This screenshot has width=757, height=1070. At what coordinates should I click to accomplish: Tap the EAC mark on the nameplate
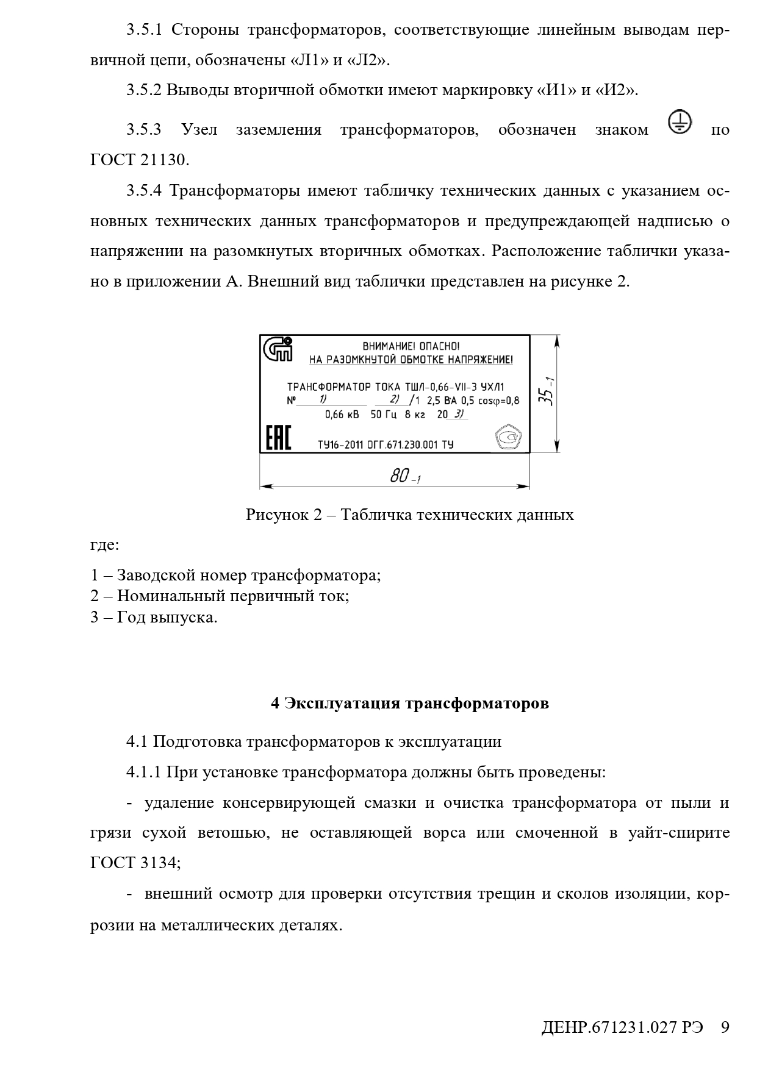pos(278,437)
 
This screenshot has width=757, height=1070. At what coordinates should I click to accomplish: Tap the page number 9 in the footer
pos(725,1027)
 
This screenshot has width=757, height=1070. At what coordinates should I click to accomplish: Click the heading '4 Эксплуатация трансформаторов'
pos(410,703)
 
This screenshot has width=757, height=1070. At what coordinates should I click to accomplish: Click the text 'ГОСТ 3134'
pos(134,863)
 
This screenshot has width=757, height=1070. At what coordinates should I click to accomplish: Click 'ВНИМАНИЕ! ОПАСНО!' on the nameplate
pos(411,346)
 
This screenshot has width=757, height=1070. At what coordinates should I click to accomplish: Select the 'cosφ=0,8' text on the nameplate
pos(498,401)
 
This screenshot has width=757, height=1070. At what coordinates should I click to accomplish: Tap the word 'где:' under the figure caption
pos(104,544)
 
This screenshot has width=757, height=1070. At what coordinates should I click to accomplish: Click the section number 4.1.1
pos(143,772)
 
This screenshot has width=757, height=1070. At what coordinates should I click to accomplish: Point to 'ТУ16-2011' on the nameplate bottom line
pos(340,444)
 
